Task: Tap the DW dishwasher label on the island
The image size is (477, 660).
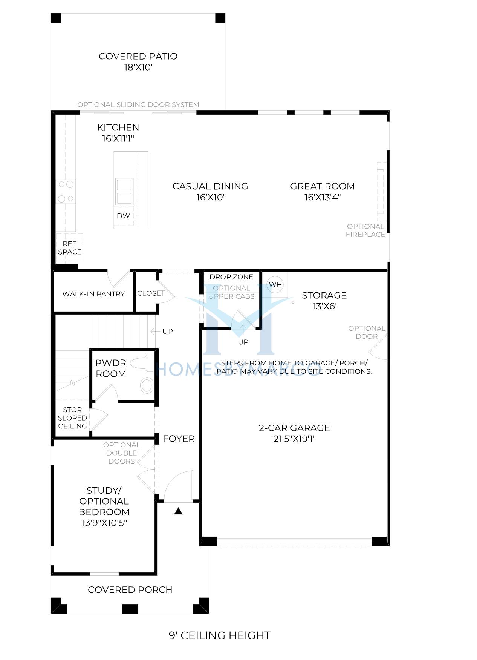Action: (x=123, y=216)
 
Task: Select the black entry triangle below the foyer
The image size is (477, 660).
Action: (x=178, y=511)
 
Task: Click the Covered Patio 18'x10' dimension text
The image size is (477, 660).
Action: (x=138, y=68)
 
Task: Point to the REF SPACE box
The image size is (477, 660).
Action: (x=70, y=248)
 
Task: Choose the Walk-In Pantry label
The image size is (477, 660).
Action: (x=93, y=294)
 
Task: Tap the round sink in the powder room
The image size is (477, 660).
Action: (x=147, y=386)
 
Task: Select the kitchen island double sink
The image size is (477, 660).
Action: (x=124, y=191)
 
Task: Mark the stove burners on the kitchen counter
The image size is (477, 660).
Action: (x=66, y=192)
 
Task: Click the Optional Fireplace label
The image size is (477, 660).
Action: (x=365, y=230)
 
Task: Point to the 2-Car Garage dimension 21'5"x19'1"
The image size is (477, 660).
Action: (x=294, y=439)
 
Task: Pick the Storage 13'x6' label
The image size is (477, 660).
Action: (x=324, y=301)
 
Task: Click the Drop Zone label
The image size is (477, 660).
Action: (x=231, y=277)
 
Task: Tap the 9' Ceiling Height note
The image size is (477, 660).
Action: (x=219, y=635)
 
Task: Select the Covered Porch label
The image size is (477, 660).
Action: (x=130, y=590)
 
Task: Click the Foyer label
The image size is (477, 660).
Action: (x=179, y=439)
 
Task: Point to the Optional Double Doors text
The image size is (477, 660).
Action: (x=121, y=453)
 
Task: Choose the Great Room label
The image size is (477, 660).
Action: (x=323, y=186)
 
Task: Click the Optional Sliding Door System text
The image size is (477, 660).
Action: (x=138, y=104)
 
